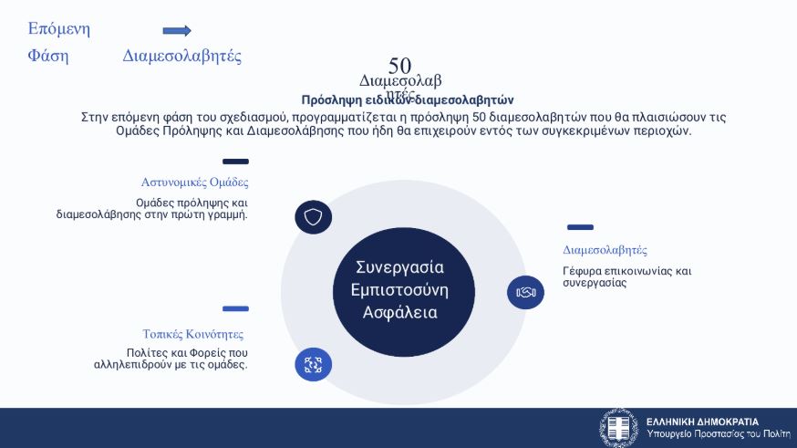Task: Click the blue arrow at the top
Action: [x=177, y=30]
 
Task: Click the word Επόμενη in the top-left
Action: [x=59, y=28]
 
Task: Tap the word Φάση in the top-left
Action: [x=48, y=56]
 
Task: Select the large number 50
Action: [x=399, y=66]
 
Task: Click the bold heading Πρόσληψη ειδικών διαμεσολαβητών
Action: [x=408, y=100]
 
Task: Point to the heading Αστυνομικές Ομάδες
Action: [x=194, y=182]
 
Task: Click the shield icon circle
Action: [x=314, y=217]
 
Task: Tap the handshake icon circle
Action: [x=525, y=292]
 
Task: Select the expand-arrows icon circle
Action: [x=314, y=365]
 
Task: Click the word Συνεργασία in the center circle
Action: [x=399, y=267]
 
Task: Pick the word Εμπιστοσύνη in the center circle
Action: [x=399, y=290]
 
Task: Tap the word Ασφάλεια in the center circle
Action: [x=399, y=313]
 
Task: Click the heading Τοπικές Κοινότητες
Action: [x=192, y=334]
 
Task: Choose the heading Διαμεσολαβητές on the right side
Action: [x=605, y=250]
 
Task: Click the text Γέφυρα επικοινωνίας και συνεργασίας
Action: [x=626, y=276]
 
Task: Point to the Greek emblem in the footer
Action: [x=619, y=428]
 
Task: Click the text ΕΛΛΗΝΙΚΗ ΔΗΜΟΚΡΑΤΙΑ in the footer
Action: [x=702, y=422]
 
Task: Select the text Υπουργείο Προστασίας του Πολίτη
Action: [x=718, y=435]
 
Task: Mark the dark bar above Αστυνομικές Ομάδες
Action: [x=235, y=161]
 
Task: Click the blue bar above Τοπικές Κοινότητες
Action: [x=235, y=308]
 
